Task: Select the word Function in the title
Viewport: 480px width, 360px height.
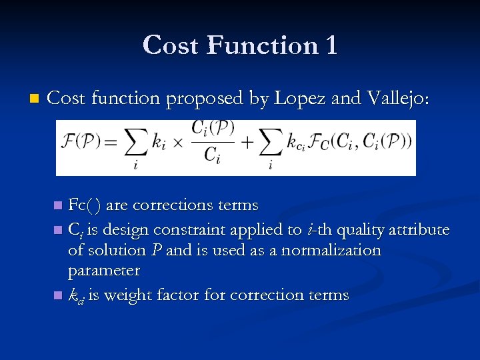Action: [x=263, y=45]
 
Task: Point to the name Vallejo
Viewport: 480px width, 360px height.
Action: [x=399, y=99]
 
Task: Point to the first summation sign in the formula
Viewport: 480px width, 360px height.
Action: [x=137, y=143]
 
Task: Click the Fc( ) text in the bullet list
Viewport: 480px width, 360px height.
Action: [x=85, y=205]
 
